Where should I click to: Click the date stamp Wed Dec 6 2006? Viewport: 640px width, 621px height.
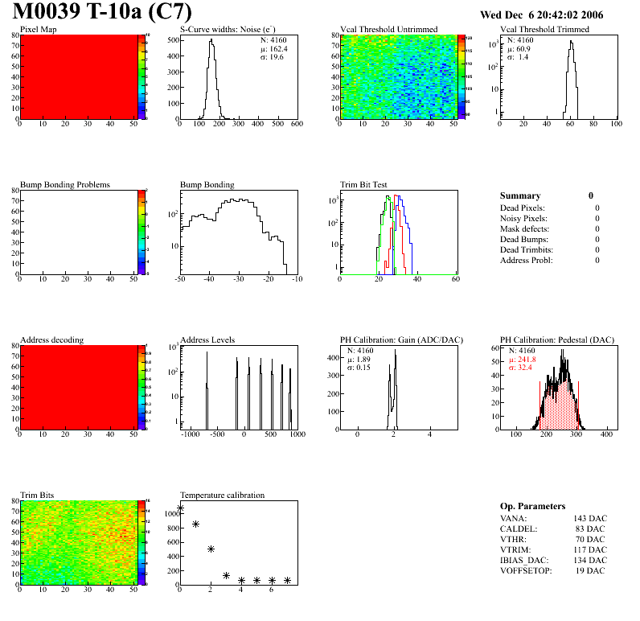click(x=541, y=14)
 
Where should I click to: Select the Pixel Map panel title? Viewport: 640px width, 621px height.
click(x=38, y=30)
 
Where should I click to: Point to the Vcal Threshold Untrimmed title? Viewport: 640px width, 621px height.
click(x=388, y=30)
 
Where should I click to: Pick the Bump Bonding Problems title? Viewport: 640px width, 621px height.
click(x=64, y=185)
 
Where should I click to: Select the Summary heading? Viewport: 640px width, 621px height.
click(x=520, y=195)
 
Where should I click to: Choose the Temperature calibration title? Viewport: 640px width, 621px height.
click(x=222, y=496)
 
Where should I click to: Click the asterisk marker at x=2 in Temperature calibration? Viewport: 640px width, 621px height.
click(x=211, y=549)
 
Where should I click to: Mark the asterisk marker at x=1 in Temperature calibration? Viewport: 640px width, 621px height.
click(x=195, y=524)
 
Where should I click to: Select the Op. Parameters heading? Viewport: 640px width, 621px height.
click(x=532, y=506)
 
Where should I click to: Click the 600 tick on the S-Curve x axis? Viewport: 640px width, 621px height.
click(x=297, y=124)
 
